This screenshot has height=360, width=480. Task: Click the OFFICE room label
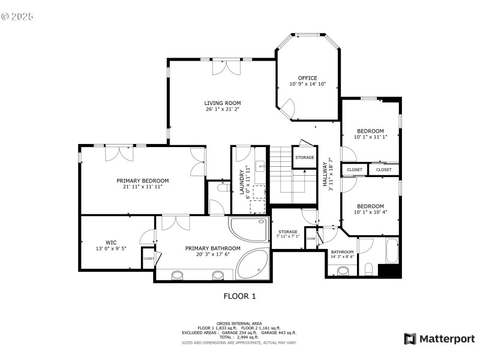coord(308,78)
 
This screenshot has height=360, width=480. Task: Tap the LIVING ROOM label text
coord(223,103)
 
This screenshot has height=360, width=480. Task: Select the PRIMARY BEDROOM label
coord(142,181)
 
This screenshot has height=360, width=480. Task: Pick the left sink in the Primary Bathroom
coord(178,275)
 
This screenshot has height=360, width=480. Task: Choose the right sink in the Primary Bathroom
coord(218,275)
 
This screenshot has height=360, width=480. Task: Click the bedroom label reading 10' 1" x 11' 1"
coord(370,137)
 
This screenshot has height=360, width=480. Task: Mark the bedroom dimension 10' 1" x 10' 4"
coord(370,212)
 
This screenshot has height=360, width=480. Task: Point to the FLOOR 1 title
coord(239,296)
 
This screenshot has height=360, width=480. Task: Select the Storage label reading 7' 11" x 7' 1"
coord(288,236)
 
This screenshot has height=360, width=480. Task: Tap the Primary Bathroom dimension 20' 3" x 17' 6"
coord(213,254)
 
